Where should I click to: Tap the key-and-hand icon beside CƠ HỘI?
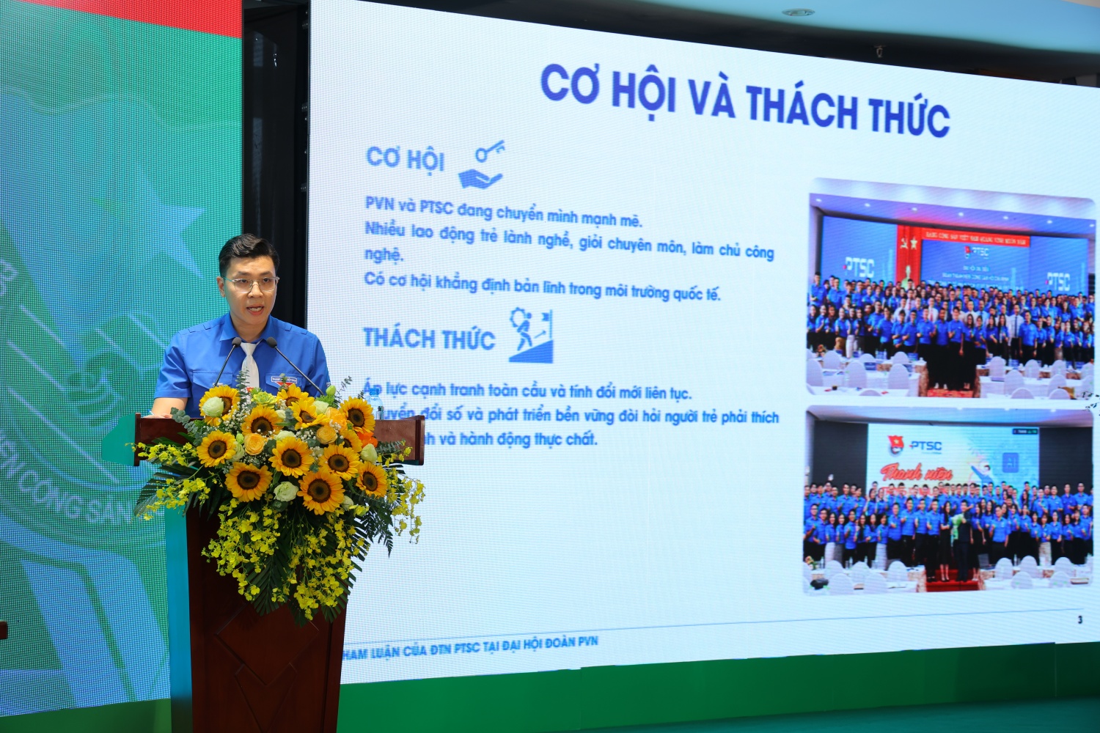coord(482,166)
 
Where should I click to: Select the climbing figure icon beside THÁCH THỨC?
coord(530,336)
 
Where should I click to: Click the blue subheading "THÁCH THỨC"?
coord(429,338)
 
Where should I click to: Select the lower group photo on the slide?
coord(950,501)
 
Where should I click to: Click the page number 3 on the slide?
coord(1079,620)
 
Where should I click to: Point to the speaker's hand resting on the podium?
coord(163,411)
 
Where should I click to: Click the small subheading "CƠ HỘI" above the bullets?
coord(405,157)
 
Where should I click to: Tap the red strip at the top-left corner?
coord(121,16)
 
